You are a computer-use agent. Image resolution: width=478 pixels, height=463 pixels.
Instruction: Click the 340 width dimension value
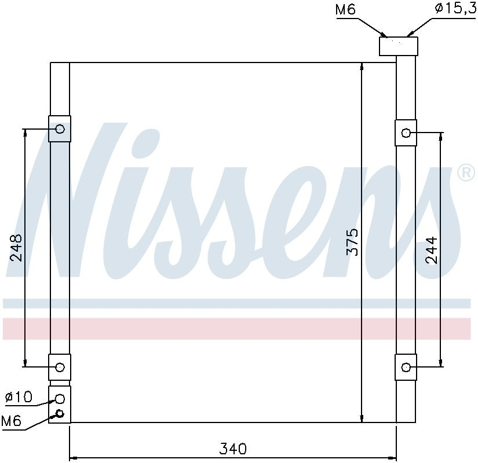tap(233, 449)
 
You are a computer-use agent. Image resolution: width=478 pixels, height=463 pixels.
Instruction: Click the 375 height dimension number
tap(353, 242)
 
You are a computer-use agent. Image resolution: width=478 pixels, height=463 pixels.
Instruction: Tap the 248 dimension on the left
tap(16, 247)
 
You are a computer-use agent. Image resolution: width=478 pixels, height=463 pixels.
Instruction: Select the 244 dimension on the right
tap(432, 251)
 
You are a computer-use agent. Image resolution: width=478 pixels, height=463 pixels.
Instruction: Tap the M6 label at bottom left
tap(11, 421)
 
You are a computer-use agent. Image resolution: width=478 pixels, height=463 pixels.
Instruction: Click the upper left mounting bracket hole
tap(60, 129)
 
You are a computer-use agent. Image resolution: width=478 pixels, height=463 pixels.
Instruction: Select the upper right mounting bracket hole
tap(406, 134)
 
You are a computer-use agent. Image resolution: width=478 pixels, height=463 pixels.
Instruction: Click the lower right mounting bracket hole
tap(406, 367)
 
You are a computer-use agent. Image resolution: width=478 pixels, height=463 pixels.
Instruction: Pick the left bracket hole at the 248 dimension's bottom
tap(60, 366)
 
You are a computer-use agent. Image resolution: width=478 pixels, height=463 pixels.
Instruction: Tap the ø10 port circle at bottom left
tap(60, 398)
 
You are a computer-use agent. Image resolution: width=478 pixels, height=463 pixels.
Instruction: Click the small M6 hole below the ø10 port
tap(59, 413)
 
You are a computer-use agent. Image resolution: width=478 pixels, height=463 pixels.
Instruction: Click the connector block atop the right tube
tap(398, 46)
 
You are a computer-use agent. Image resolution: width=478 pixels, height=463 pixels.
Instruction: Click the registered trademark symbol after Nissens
tap(466, 173)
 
